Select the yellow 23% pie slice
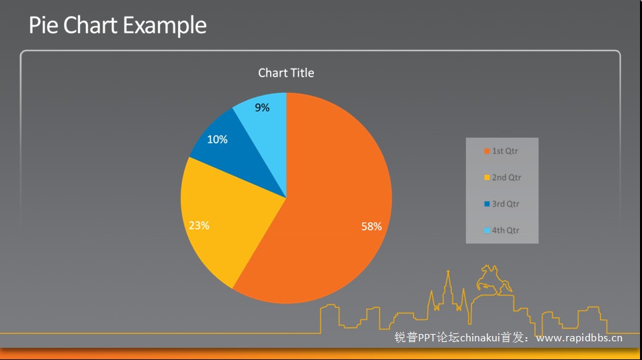pos(229,221)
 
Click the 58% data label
pos(371,227)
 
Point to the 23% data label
pos(199,225)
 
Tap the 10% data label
pos(217,139)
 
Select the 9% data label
pos(262,108)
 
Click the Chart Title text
pos(286,73)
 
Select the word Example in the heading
pos(165,26)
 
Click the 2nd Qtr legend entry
pos(503,177)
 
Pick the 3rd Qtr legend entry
pos(501,204)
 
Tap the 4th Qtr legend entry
pos(501,231)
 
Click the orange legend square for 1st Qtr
pos(487,151)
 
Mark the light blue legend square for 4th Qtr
pos(487,231)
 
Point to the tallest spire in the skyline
pos(449,287)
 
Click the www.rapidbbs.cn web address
pos(579,338)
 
